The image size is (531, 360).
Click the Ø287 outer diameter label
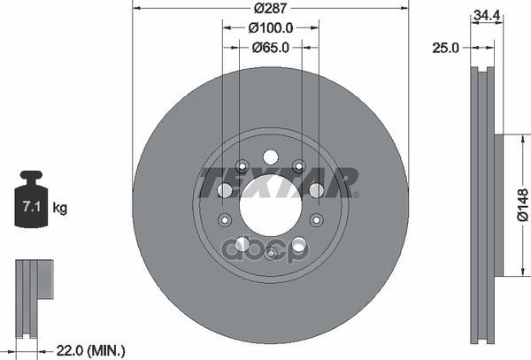coord(270,8)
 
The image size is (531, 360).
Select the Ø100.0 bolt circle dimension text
coord(270,28)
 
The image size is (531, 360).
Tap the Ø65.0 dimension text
coord(270,48)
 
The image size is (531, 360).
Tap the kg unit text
coord(60,209)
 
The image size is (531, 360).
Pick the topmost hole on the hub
coord(270,157)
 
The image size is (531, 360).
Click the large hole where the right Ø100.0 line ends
coord(317,190)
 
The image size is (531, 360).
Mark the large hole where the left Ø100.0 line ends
coord(224,190)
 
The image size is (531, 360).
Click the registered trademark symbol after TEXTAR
coord(357,195)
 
